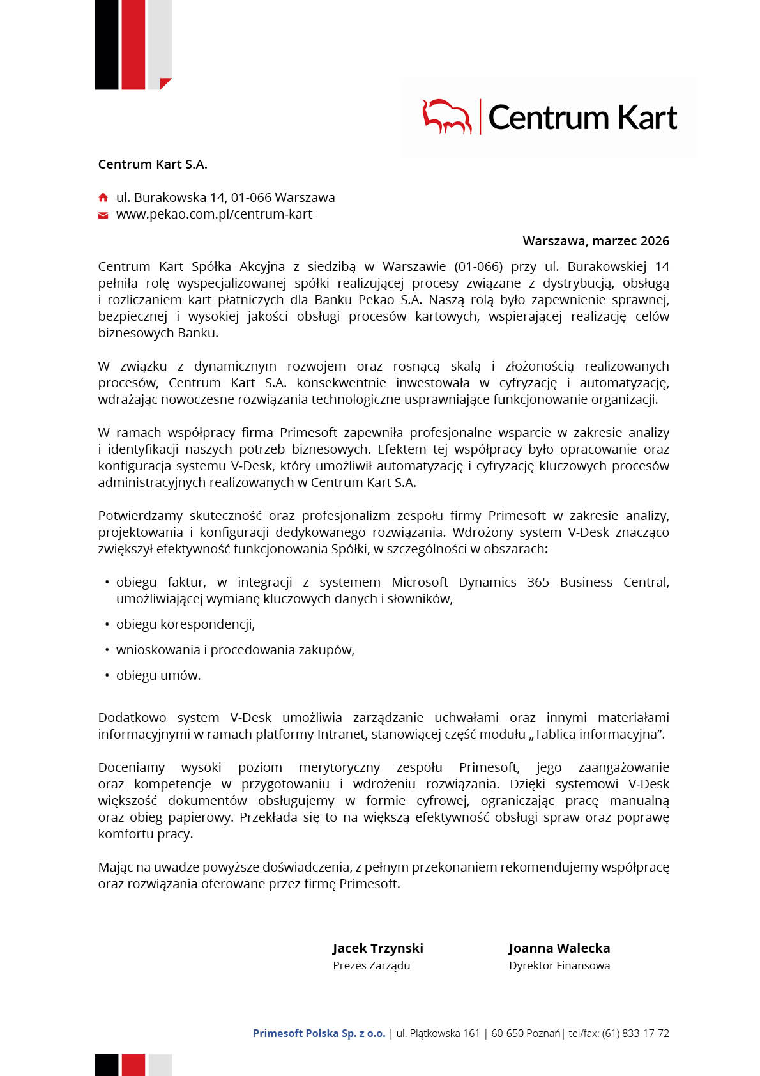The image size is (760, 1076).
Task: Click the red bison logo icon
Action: [446, 116]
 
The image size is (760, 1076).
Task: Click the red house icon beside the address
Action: [103, 197]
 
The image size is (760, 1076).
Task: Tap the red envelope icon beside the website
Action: [103, 215]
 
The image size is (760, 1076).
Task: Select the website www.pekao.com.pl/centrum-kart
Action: [214, 214]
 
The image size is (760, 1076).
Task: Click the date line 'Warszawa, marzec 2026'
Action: [595, 241]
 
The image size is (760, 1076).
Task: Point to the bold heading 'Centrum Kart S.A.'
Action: [153, 164]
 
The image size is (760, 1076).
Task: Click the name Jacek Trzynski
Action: [377, 948]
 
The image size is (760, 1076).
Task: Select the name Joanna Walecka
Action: [559, 948]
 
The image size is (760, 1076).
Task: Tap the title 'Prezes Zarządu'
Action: [371, 965]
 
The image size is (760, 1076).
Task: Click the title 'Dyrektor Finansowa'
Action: [559, 965]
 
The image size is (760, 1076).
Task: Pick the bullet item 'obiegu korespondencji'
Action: [185, 624]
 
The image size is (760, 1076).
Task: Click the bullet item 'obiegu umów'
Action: [158, 675]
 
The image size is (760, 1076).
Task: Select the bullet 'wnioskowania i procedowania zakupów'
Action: [235, 650]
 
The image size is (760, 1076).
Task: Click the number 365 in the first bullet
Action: [538, 582]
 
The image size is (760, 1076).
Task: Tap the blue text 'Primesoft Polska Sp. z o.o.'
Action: [319, 1033]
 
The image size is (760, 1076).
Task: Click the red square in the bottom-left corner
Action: [133, 1064]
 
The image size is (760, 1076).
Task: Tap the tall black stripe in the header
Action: [106, 45]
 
